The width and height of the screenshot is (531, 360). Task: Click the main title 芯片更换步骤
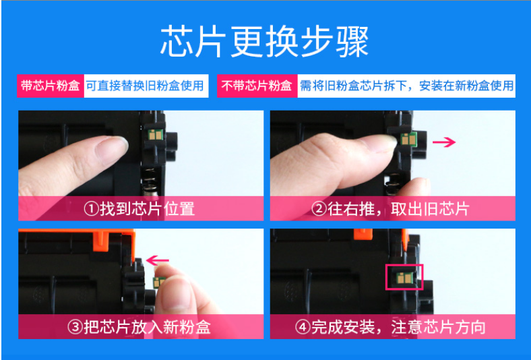click(264, 42)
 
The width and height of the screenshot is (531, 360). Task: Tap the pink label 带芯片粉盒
click(51, 86)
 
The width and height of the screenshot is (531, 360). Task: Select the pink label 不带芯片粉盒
click(257, 86)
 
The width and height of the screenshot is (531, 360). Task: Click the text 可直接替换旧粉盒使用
click(145, 86)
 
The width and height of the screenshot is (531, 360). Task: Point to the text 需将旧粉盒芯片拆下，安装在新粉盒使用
click(407, 86)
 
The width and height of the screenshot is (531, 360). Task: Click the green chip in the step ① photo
click(156, 135)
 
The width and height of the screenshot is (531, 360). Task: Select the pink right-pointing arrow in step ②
click(444, 142)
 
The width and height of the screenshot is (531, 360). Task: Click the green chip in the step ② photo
click(409, 139)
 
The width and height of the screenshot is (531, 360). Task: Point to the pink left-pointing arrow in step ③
click(158, 261)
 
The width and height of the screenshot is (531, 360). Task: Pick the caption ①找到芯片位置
click(139, 208)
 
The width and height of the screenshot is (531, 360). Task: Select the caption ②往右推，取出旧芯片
click(390, 208)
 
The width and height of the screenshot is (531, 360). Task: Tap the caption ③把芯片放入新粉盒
click(139, 327)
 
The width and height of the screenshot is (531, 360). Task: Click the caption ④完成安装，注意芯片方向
click(390, 327)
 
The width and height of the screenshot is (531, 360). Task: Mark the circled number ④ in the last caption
click(303, 327)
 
